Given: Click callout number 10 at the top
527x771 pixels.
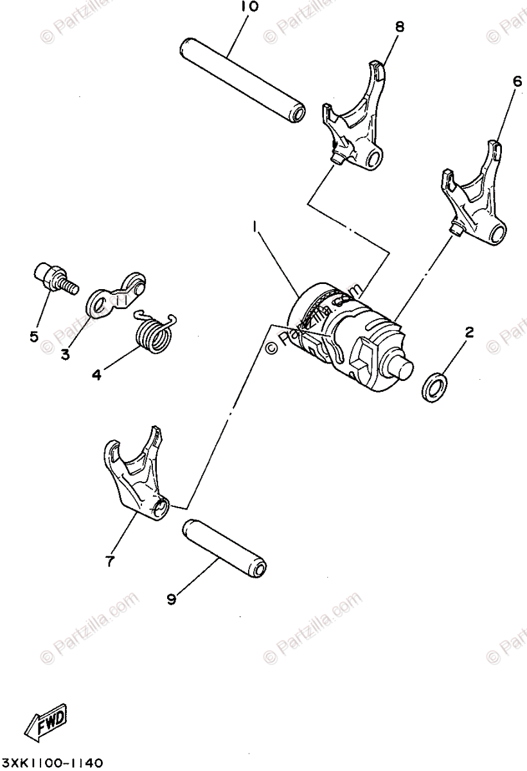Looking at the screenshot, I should [250, 8].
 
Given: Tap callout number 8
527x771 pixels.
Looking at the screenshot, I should [400, 27].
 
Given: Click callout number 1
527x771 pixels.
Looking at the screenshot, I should [256, 227].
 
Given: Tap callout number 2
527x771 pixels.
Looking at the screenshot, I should [469, 332].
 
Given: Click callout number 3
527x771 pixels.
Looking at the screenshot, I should [65, 354].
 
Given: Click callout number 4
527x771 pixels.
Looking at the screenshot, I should [96, 374].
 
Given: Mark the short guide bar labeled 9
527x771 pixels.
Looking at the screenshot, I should [224, 547].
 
